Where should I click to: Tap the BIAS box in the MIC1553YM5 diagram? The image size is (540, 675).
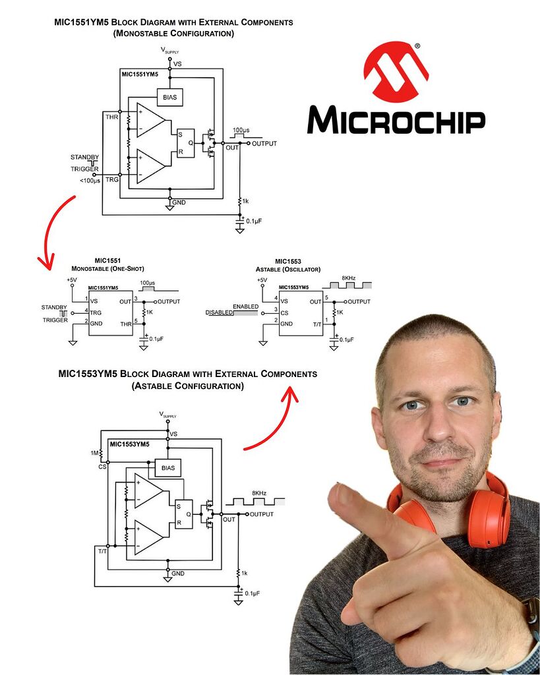click(167, 467)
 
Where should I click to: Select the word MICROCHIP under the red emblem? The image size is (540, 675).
click(396, 121)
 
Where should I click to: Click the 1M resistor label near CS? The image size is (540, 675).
click(96, 453)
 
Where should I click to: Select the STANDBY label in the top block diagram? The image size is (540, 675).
click(84, 157)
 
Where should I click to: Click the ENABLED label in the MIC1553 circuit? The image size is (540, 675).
click(245, 307)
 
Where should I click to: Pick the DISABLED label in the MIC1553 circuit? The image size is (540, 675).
click(219, 312)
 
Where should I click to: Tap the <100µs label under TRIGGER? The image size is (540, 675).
click(90, 181)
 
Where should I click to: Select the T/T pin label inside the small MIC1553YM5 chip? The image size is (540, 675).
click(316, 324)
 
